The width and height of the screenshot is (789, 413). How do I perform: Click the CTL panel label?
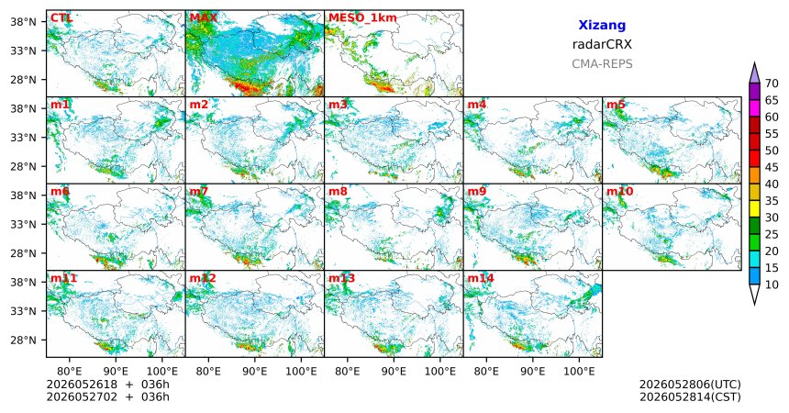(61, 18)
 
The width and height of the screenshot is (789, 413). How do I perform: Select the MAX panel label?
(204, 18)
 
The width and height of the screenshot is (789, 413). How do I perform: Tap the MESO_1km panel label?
(362, 18)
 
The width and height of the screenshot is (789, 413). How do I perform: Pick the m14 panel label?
(481, 278)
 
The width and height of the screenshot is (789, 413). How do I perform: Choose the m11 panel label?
(63, 278)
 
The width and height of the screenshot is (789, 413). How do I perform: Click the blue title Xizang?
(602, 25)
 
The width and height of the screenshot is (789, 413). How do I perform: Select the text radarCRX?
(602, 44)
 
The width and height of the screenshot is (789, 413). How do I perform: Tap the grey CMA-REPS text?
(602, 64)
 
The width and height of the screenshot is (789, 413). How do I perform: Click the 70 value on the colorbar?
(772, 84)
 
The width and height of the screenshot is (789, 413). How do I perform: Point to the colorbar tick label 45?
(772, 167)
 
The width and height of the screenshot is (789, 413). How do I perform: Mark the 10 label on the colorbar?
(772, 285)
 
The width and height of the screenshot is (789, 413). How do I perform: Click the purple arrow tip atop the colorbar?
(754, 62)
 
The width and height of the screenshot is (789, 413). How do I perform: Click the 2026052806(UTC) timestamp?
(690, 385)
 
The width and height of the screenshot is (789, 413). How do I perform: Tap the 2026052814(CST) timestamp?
(690, 396)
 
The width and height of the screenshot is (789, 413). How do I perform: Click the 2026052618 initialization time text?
(82, 385)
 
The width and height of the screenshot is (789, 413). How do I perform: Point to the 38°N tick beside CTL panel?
(23, 22)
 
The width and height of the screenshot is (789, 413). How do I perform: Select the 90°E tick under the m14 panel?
(533, 372)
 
